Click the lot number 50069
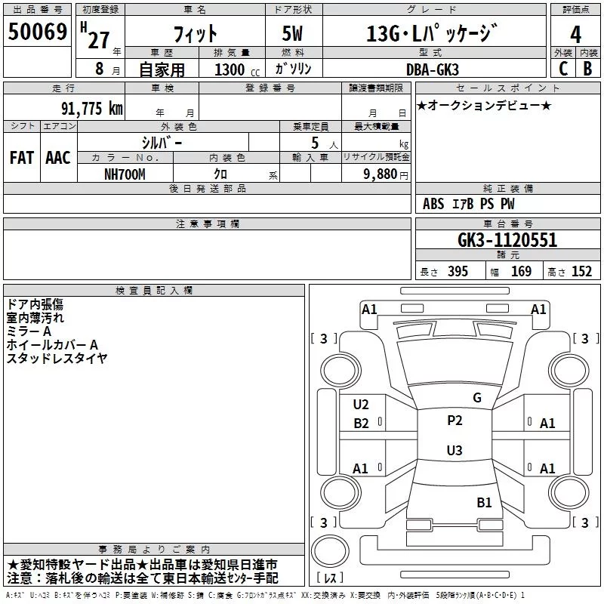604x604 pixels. pyautogui.click(x=38, y=32)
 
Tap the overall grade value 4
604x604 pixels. pyautogui.click(x=575, y=35)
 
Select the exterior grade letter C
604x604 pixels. pyautogui.click(x=563, y=69)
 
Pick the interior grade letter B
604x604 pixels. pyautogui.click(x=587, y=69)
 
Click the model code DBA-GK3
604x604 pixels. pyautogui.click(x=433, y=69)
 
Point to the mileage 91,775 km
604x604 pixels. pyautogui.click(x=92, y=108)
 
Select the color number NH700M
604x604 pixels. pyautogui.click(x=125, y=174)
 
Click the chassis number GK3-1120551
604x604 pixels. pyautogui.click(x=507, y=240)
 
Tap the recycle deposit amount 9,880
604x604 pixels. pyautogui.click(x=381, y=174)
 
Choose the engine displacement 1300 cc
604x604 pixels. pyautogui.click(x=237, y=69)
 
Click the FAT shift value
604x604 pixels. pyautogui.click(x=22, y=158)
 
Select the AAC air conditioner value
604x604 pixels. pyautogui.click(x=58, y=158)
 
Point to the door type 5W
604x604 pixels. pyautogui.click(x=292, y=33)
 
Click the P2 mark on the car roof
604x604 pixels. pyautogui.click(x=455, y=421)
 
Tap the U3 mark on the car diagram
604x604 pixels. pyautogui.click(x=455, y=450)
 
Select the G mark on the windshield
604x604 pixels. pyautogui.click(x=477, y=398)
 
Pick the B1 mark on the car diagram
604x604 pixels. pyautogui.click(x=484, y=502)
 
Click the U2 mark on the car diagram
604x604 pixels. pyautogui.click(x=361, y=405)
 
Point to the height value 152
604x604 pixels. pyautogui.click(x=581, y=272)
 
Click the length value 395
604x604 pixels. pyautogui.click(x=458, y=272)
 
